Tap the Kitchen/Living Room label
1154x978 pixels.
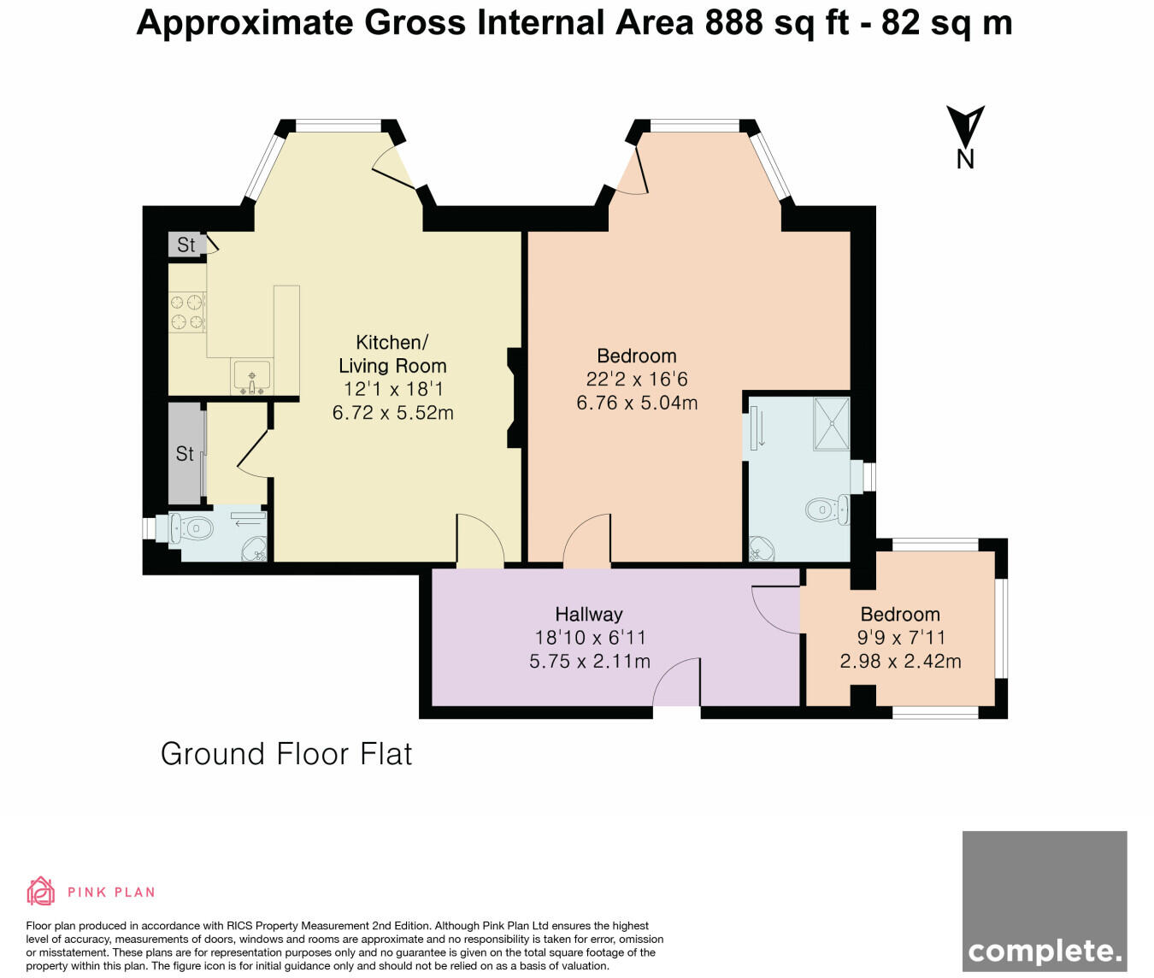click(392, 354)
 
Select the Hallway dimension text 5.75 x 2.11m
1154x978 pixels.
click(589, 661)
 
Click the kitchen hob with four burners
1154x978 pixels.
click(187, 311)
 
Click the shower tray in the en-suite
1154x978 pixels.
click(831, 423)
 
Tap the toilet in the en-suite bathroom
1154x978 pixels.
click(826, 510)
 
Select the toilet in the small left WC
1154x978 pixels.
click(191, 528)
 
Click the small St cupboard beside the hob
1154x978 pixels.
click(185, 245)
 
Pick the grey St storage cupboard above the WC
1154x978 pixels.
click(185, 453)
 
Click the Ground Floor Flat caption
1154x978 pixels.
click(286, 754)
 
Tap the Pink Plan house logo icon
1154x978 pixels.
click(40, 891)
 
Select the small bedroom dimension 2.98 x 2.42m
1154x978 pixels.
click(900, 661)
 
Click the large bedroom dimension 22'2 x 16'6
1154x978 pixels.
click(637, 379)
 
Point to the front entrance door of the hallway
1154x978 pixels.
click(678, 683)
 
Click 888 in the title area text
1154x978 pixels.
click(733, 23)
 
